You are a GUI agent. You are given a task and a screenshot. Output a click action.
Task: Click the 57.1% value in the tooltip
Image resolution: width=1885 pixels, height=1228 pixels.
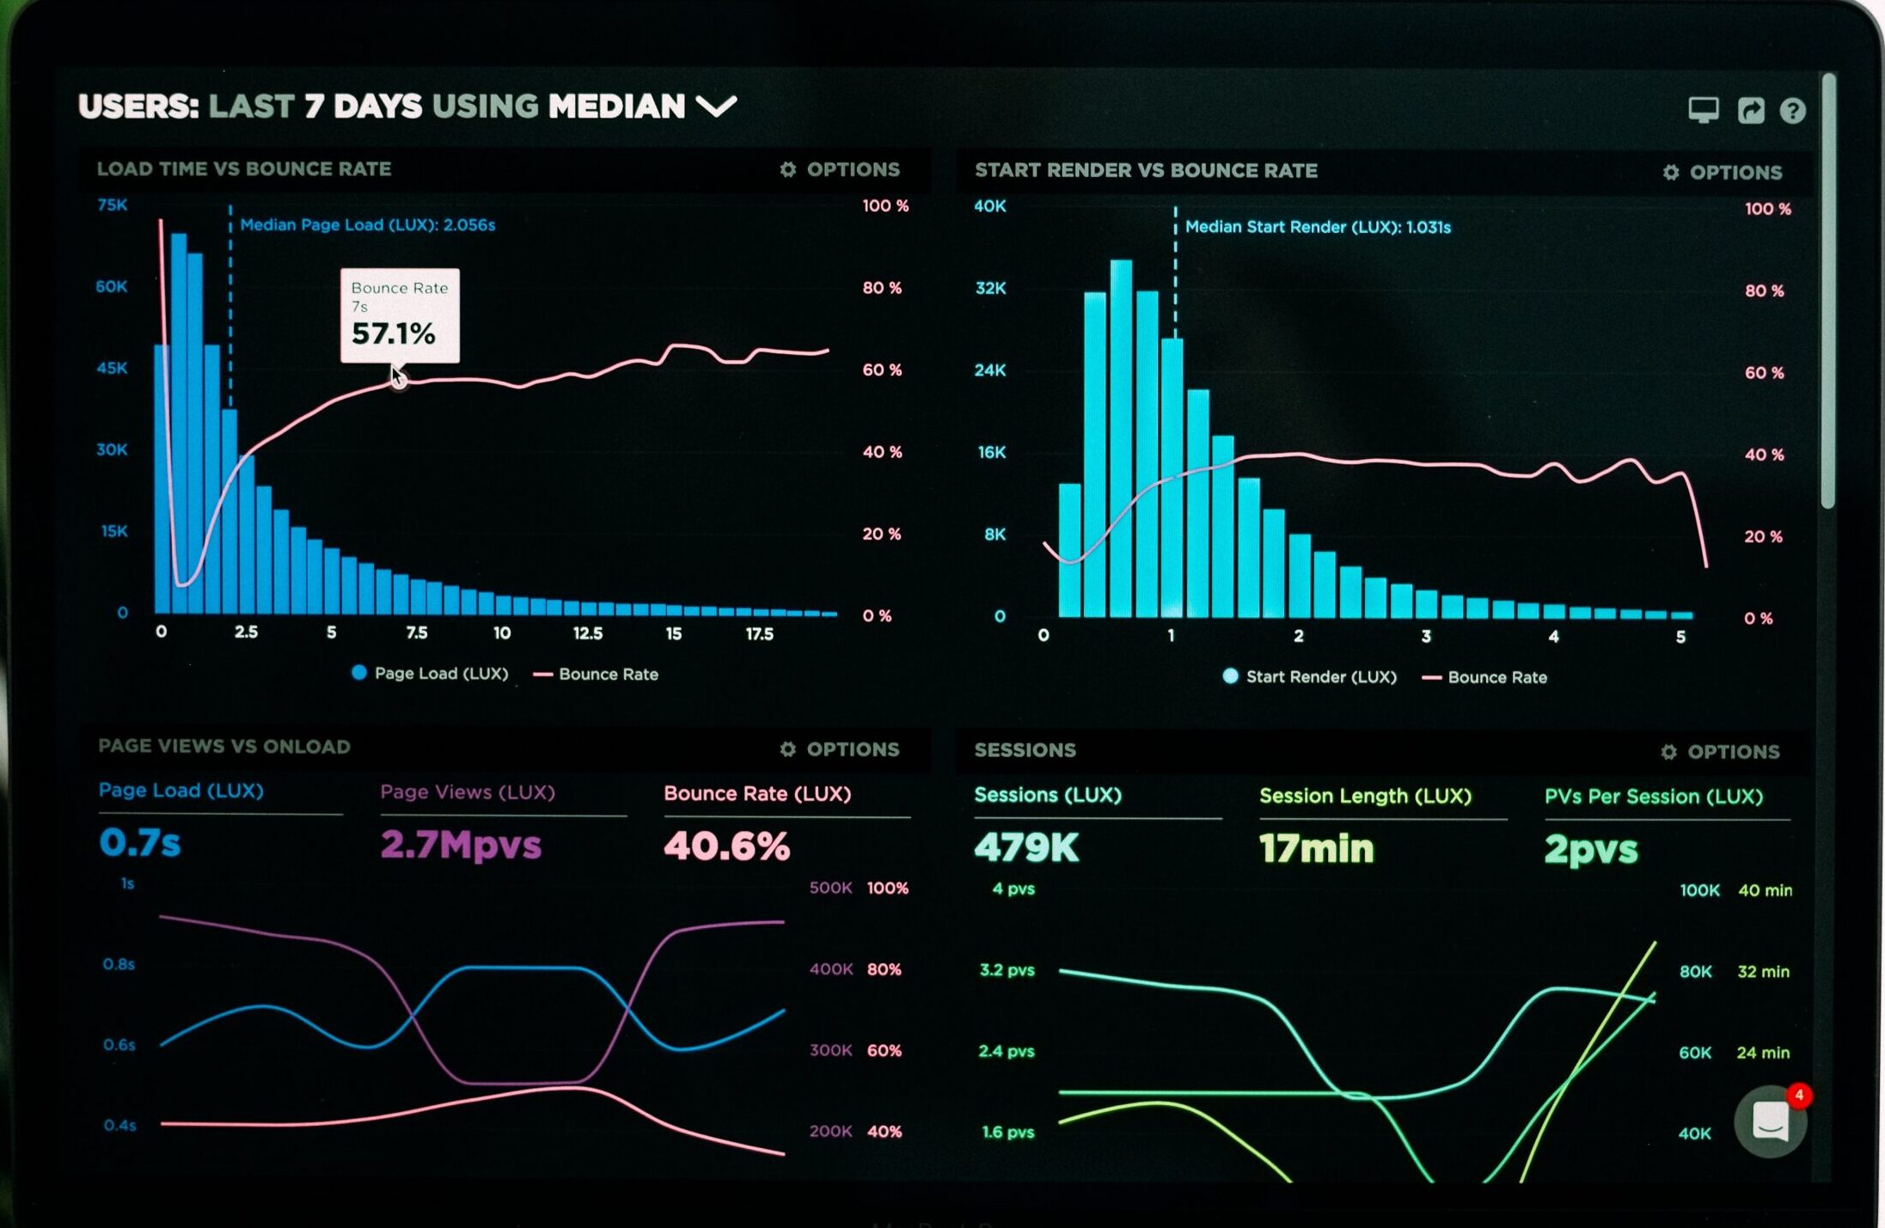393,333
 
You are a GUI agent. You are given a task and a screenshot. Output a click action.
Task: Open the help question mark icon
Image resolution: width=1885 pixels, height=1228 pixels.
1792,111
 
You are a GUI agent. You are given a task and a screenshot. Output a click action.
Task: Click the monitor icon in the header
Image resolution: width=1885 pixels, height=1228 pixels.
1703,110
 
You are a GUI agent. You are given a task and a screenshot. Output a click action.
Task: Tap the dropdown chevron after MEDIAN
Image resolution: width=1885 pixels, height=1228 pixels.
716,107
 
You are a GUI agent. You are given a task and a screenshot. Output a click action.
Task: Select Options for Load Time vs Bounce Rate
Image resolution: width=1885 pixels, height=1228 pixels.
840,169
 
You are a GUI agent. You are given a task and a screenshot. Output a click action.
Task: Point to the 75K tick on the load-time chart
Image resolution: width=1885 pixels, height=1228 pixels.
113,205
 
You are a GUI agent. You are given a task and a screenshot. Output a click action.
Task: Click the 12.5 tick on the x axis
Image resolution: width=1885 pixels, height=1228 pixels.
588,634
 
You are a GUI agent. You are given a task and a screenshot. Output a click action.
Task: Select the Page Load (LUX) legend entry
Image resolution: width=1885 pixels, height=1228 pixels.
430,674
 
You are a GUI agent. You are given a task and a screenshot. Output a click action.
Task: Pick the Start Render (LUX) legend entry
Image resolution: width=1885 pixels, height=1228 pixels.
1309,677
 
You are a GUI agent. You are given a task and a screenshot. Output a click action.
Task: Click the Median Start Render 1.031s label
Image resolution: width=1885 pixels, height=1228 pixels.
1317,228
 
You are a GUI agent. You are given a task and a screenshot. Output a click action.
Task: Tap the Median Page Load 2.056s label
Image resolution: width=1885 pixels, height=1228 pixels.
367,225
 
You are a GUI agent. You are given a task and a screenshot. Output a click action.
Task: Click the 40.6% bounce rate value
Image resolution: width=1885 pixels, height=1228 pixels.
726,846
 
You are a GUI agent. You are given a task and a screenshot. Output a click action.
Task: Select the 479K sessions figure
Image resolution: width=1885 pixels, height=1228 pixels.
1025,848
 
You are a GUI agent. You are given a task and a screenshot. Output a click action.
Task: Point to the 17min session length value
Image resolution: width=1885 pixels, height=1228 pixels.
1316,849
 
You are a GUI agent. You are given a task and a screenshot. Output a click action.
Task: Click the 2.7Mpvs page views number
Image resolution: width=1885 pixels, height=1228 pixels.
461,845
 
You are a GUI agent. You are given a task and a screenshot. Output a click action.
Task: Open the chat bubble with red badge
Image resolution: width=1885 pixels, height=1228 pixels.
1771,1121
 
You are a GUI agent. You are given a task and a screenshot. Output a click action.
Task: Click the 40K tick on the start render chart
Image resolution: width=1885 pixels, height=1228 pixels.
989,206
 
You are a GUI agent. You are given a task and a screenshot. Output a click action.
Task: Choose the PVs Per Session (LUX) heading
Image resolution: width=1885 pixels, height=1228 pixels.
1653,797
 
